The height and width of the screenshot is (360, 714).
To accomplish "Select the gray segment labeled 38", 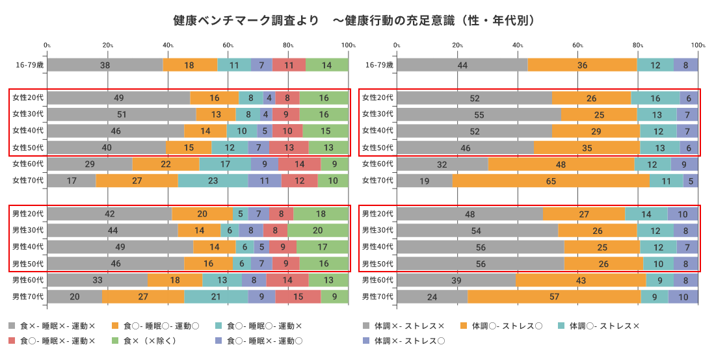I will click(x=105, y=65).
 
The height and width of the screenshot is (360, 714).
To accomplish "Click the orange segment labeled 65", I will click(x=551, y=181).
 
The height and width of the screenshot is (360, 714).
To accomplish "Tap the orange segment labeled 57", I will click(x=554, y=296).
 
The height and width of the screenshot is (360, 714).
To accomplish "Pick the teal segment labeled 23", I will click(x=213, y=181).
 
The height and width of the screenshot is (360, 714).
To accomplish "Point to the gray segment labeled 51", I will click(x=122, y=114).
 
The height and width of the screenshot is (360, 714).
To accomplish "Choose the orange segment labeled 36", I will click(x=582, y=65).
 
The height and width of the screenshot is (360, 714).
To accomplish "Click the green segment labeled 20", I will click(x=318, y=230).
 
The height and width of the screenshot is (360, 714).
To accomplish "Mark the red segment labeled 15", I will click(x=298, y=296).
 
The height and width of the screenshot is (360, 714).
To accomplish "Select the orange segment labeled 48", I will click(x=561, y=164).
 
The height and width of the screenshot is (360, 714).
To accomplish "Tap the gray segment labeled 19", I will click(x=424, y=181).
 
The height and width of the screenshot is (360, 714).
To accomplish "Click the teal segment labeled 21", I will click(x=216, y=296).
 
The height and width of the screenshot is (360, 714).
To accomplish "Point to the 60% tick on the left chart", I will click(x=228, y=45).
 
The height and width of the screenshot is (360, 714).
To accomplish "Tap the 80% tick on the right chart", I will click(x=638, y=45).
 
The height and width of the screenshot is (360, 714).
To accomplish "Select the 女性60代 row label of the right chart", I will click(x=378, y=164).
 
